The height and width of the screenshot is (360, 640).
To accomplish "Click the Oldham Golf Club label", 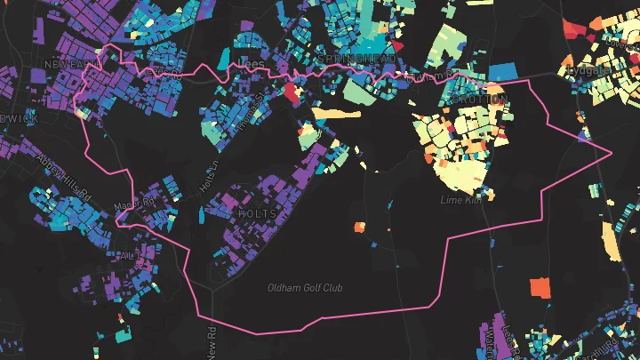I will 306,287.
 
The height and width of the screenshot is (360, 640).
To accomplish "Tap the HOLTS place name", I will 258,214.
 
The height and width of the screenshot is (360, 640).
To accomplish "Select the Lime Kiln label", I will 460,200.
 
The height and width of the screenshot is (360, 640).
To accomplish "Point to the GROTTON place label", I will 484,99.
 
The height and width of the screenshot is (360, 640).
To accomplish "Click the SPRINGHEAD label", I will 357,59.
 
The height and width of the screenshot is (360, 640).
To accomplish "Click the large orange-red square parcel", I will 540,287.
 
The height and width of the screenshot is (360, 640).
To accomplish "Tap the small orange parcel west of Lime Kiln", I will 360,227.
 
